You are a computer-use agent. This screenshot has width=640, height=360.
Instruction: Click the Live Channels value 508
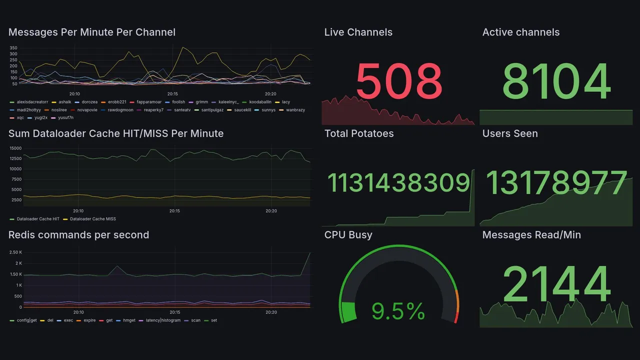click(399, 81)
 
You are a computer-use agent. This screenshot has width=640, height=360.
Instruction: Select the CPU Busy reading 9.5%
click(398, 311)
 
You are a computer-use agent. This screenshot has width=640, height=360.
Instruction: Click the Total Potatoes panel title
click(359, 133)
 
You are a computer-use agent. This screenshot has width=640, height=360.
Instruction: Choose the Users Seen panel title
click(510, 133)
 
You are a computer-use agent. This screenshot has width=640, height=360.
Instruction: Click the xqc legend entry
click(20, 118)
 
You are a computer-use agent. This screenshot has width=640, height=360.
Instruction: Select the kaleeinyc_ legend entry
click(228, 102)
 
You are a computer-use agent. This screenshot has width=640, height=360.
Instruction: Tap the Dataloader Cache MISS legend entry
click(92, 219)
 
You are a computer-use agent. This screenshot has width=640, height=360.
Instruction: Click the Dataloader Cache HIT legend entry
click(38, 219)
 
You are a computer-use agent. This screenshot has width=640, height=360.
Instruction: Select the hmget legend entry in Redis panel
click(129, 320)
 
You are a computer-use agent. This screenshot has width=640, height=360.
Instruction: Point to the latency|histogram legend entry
click(162, 320)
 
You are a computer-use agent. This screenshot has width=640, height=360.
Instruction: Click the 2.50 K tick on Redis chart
click(15, 252)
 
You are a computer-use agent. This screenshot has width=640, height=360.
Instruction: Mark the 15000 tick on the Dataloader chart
click(15, 148)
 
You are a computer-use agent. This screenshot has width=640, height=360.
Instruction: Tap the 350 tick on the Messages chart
click(13, 47)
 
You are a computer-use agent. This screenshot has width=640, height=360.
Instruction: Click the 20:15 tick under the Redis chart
click(174, 312)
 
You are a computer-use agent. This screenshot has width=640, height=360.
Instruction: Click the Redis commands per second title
click(78, 235)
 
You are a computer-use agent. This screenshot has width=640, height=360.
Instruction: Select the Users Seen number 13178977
click(556, 183)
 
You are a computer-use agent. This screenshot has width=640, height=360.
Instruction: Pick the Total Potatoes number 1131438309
click(398, 183)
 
